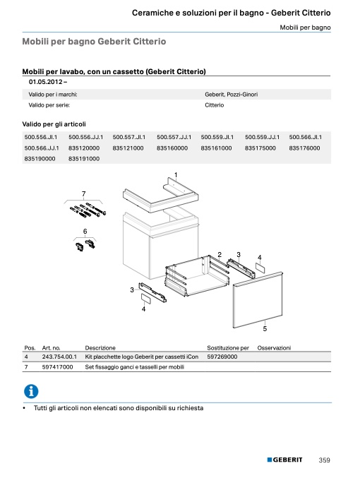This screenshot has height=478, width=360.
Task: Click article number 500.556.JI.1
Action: pyautogui.click(x=41, y=137)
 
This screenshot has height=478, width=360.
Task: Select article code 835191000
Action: pyautogui.click(x=84, y=159)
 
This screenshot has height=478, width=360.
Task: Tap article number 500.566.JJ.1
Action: pyautogui.click(x=42, y=148)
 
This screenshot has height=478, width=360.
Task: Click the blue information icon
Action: pyautogui.click(x=31, y=391)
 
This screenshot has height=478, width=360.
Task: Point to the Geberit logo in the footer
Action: pyautogui.click(x=284, y=460)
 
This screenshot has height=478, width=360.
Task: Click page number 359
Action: pyautogui.click(x=324, y=460)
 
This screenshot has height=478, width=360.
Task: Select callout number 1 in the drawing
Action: pyautogui.click(x=176, y=175)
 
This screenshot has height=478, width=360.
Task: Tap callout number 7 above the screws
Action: pyautogui.click(x=83, y=194)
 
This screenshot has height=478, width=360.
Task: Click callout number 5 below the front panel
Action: pyautogui.click(x=265, y=328)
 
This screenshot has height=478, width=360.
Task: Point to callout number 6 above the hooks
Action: pyautogui.click(x=85, y=232)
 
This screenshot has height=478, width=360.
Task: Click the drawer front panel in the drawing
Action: pyautogui.click(x=258, y=300)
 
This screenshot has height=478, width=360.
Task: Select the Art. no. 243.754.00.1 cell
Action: pyautogui.click(x=59, y=357)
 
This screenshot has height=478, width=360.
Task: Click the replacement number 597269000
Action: pyautogui.click(x=222, y=357)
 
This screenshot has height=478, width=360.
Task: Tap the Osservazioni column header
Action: pyautogui.click(x=274, y=348)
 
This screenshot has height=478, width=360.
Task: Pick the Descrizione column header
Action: pyautogui.click(x=100, y=348)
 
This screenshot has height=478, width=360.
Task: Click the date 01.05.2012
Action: pyautogui.click(x=46, y=82)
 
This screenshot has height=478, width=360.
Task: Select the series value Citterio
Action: pyautogui.click(x=215, y=105)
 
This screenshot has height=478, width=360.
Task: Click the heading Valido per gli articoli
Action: pyautogui.click(x=54, y=124)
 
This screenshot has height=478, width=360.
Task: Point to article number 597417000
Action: pyautogui.click(x=58, y=367)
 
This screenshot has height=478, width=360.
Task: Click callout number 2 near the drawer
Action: pyautogui.click(x=220, y=254)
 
